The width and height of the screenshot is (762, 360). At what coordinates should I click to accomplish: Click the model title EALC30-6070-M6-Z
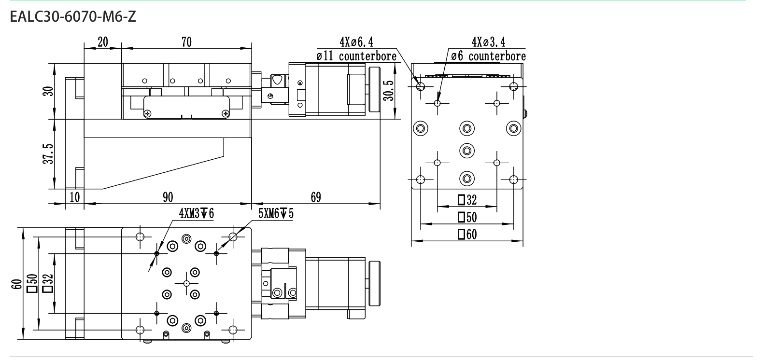click(x=73, y=16)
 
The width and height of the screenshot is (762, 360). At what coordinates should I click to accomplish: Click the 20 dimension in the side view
click(x=103, y=42)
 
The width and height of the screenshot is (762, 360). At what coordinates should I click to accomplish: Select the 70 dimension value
click(x=186, y=42)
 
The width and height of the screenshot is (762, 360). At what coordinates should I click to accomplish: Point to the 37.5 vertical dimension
click(x=48, y=154)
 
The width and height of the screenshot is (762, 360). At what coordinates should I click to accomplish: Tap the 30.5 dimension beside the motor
click(x=388, y=91)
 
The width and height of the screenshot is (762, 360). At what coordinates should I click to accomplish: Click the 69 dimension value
click(x=316, y=197)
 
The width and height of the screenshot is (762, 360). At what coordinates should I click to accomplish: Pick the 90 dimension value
click(x=168, y=197)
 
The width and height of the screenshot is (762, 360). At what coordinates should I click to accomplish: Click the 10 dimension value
click(x=75, y=197)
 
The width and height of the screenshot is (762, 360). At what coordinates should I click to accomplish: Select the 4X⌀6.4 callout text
click(x=356, y=42)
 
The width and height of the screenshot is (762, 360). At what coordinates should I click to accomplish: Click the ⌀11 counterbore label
click(x=356, y=56)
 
